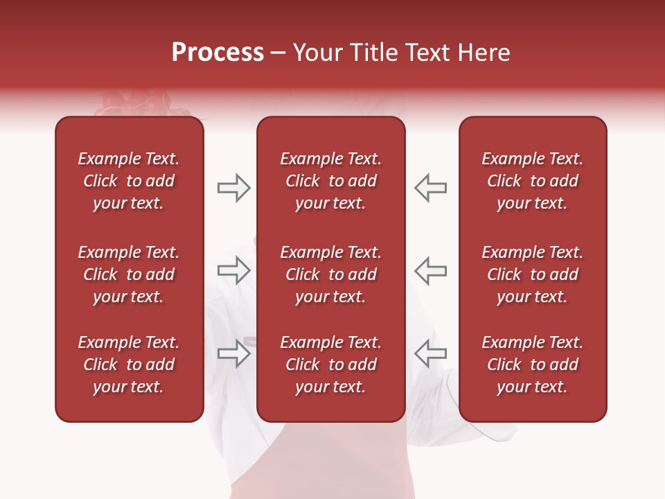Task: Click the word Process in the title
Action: pyautogui.click(x=218, y=53)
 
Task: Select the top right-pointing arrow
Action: pyautogui.click(x=233, y=188)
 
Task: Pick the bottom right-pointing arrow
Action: pyautogui.click(x=233, y=353)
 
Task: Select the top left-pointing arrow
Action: pyautogui.click(x=430, y=188)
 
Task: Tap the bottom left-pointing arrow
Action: pyautogui.click(x=430, y=353)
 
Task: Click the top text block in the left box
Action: pyautogui.click(x=129, y=181)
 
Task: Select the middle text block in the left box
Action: pyautogui.click(x=129, y=274)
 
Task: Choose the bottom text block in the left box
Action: pyautogui.click(x=129, y=365)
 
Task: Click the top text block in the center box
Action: pyautogui.click(x=330, y=181)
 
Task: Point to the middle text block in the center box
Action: pyautogui.click(x=330, y=274)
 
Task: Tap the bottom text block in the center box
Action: pyautogui.click(x=330, y=365)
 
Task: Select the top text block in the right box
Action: pyautogui.click(x=532, y=181)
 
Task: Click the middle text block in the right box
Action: pyautogui.click(x=532, y=274)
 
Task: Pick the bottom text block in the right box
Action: pyautogui.click(x=532, y=365)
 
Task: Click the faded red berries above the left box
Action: pyautogui.click(x=132, y=105)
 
